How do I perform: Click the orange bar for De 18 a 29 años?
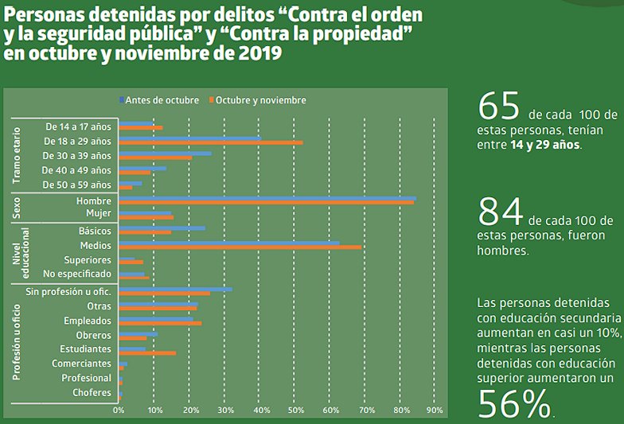click(211, 142)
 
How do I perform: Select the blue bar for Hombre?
click(267, 198)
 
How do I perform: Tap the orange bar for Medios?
click(240, 247)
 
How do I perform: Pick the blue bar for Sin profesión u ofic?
click(176, 290)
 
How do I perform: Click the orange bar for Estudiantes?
click(147, 352)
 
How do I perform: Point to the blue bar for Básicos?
click(162, 228)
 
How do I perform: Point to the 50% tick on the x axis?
click(294, 410)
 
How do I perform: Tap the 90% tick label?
click(435, 410)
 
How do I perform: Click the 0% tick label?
click(119, 410)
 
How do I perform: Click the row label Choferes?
click(92, 392)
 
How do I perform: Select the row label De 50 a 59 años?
click(78, 185)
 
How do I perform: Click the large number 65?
click(498, 105)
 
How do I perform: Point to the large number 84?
click(500, 211)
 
